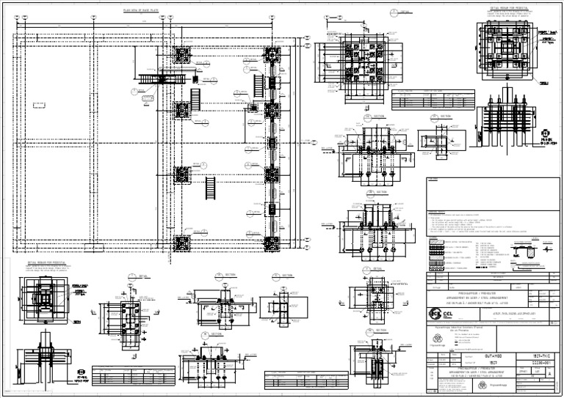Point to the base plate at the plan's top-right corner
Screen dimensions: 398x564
pyautogui.click(x=274, y=55)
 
